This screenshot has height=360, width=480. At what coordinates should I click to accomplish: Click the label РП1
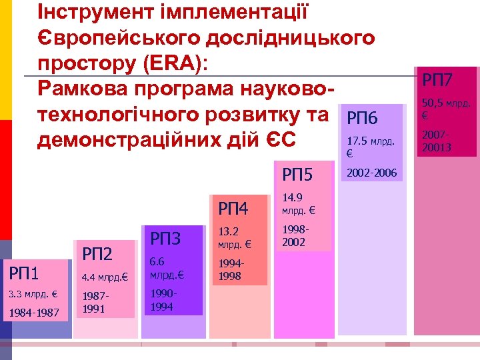tap(24, 273)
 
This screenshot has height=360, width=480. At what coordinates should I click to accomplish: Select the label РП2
tap(97, 253)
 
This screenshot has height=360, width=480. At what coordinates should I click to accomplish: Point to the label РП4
tap(233, 209)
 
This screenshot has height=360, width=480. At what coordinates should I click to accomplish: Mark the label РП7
tap(437, 81)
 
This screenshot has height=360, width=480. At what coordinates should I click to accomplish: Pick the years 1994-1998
tap(230, 271)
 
